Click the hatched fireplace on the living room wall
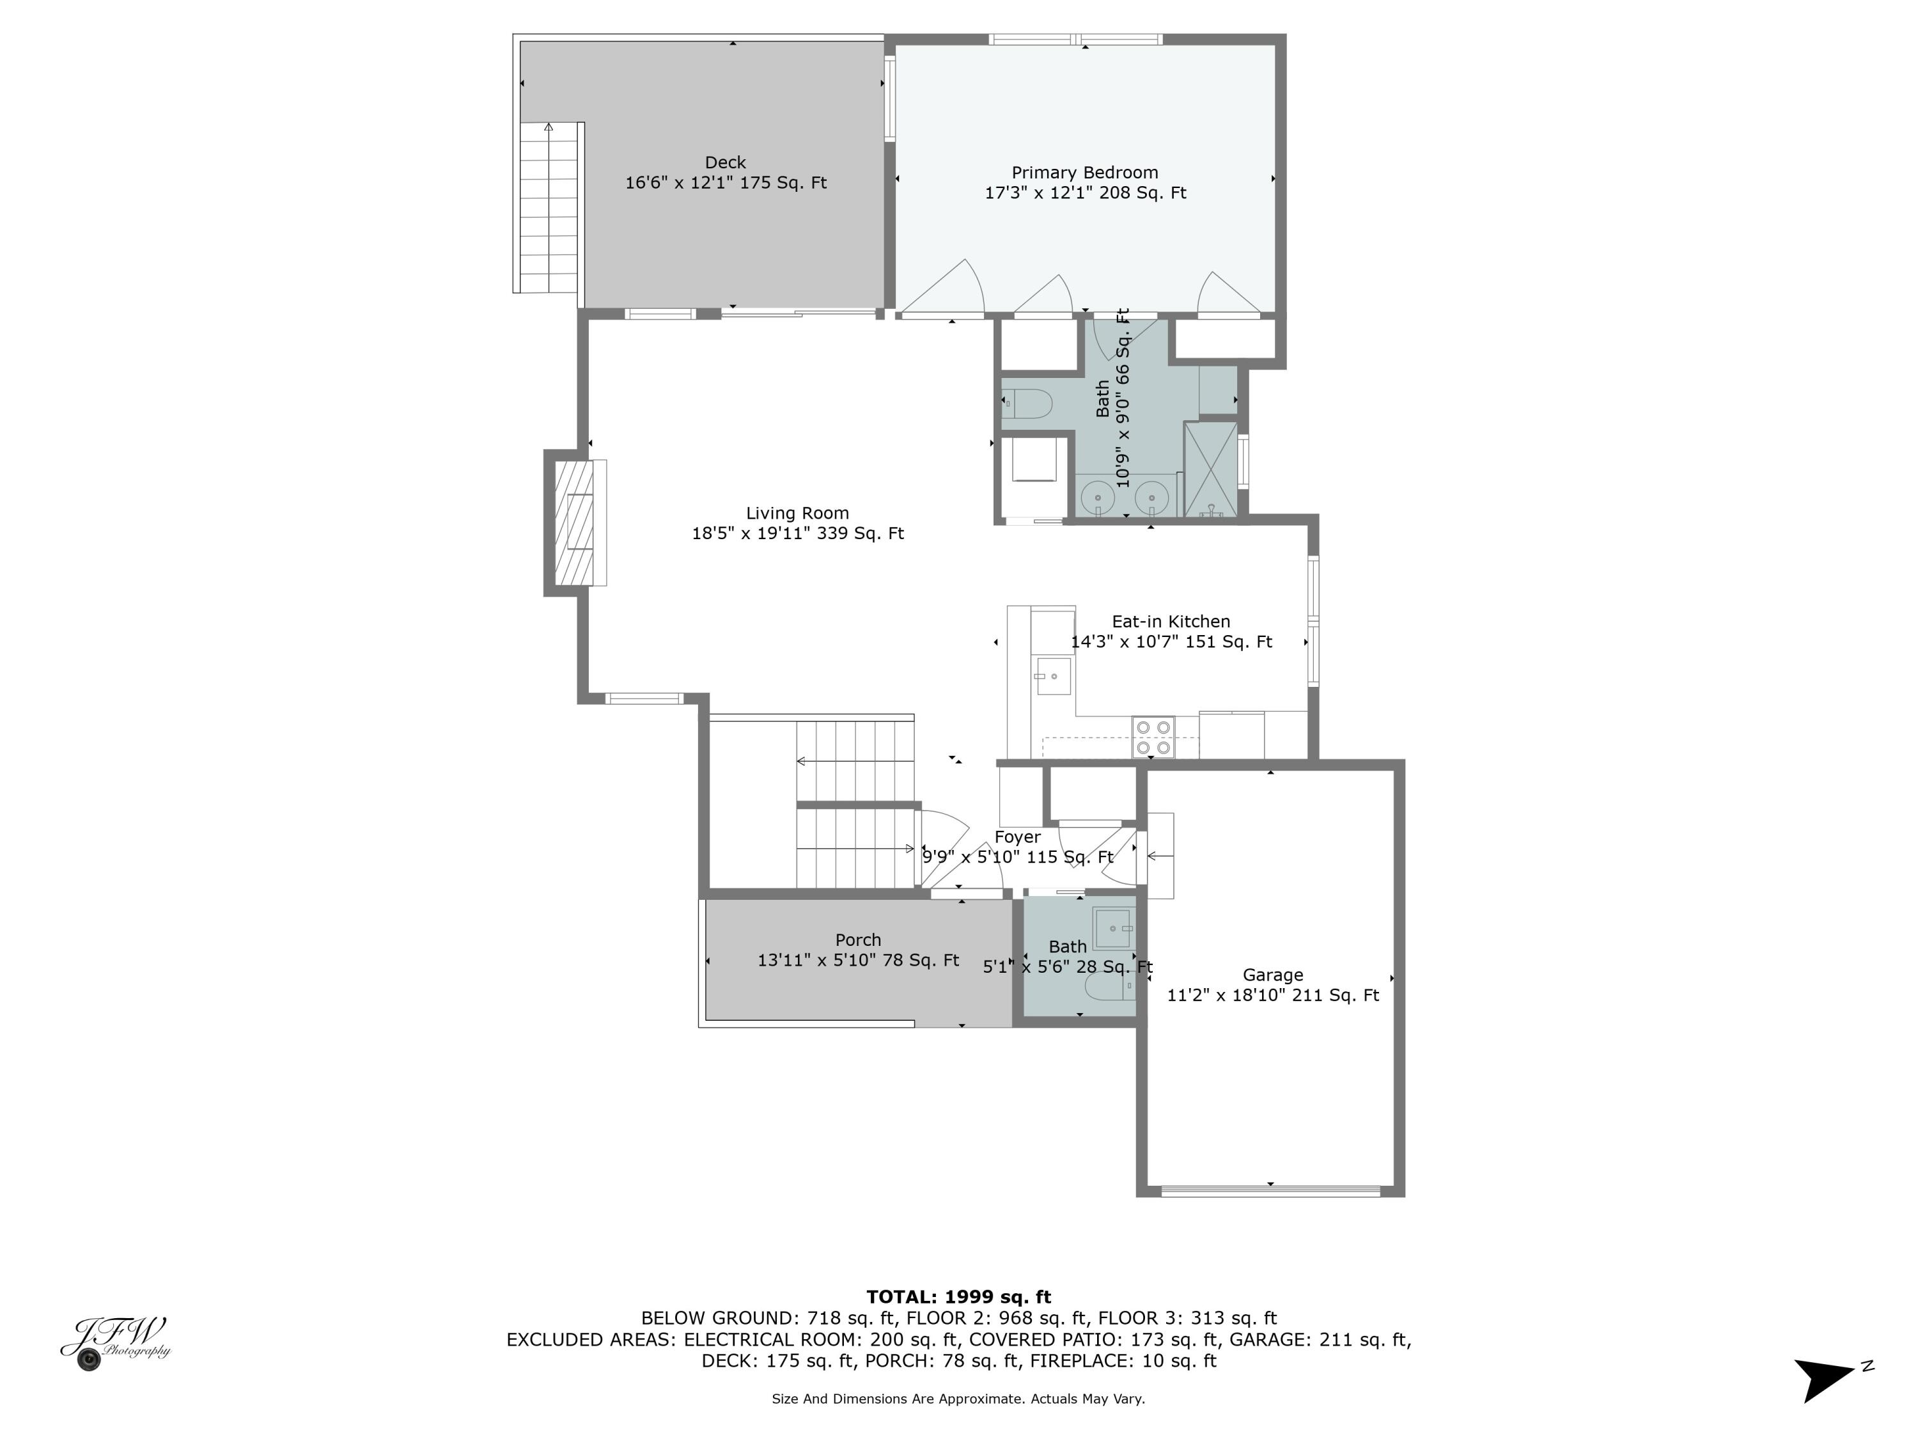(x=573, y=523)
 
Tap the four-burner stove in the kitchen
(x=1153, y=737)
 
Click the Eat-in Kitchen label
(x=1171, y=622)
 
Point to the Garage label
(x=1272, y=975)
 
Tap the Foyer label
(x=1017, y=837)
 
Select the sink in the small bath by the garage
(x=1112, y=929)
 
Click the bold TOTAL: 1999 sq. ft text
(x=958, y=1297)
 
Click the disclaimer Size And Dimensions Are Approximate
(x=958, y=1398)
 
